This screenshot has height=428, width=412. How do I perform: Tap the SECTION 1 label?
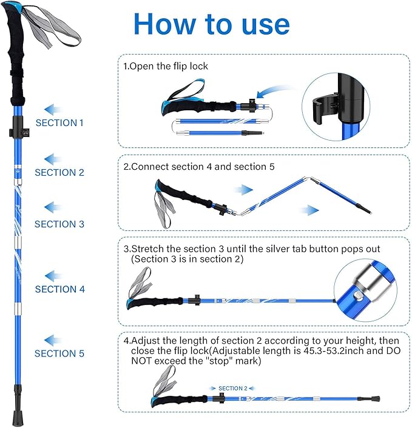click(59, 122)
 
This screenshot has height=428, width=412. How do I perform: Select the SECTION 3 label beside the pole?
click(59, 224)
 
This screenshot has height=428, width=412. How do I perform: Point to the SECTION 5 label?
click(59, 353)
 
